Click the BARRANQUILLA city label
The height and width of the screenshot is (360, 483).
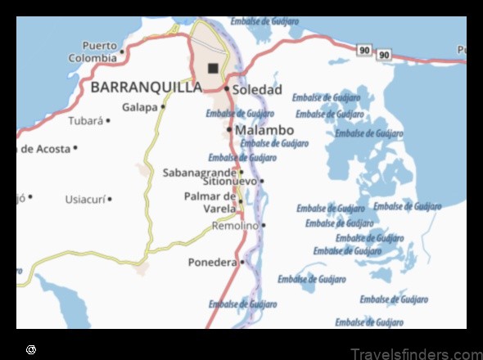(x=146, y=87)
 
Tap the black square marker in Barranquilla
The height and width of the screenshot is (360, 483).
(x=214, y=68)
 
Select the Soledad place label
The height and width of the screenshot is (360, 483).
(x=257, y=89)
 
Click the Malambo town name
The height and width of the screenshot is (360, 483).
(x=264, y=130)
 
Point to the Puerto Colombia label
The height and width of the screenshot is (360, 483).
(x=93, y=52)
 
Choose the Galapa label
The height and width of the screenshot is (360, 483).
(x=139, y=107)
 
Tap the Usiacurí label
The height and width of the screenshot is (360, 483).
(x=84, y=199)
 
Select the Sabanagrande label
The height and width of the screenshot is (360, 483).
(x=199, y=173)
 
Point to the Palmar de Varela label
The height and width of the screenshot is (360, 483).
(x=210, y=202)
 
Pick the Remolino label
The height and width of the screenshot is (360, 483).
(x=235, y=225)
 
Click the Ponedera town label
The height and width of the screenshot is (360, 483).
(x=212, y=263)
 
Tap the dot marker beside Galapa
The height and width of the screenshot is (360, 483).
(x=162, y=107)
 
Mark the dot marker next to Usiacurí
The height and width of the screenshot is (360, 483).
(x=109, y=199)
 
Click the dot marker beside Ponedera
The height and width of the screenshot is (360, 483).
(x=242, y=263)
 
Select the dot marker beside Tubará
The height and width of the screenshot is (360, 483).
(x=108, y=121)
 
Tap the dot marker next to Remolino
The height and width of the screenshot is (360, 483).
(x=264, y=225)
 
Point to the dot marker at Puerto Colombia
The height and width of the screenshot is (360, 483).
(x=122, y=52)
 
